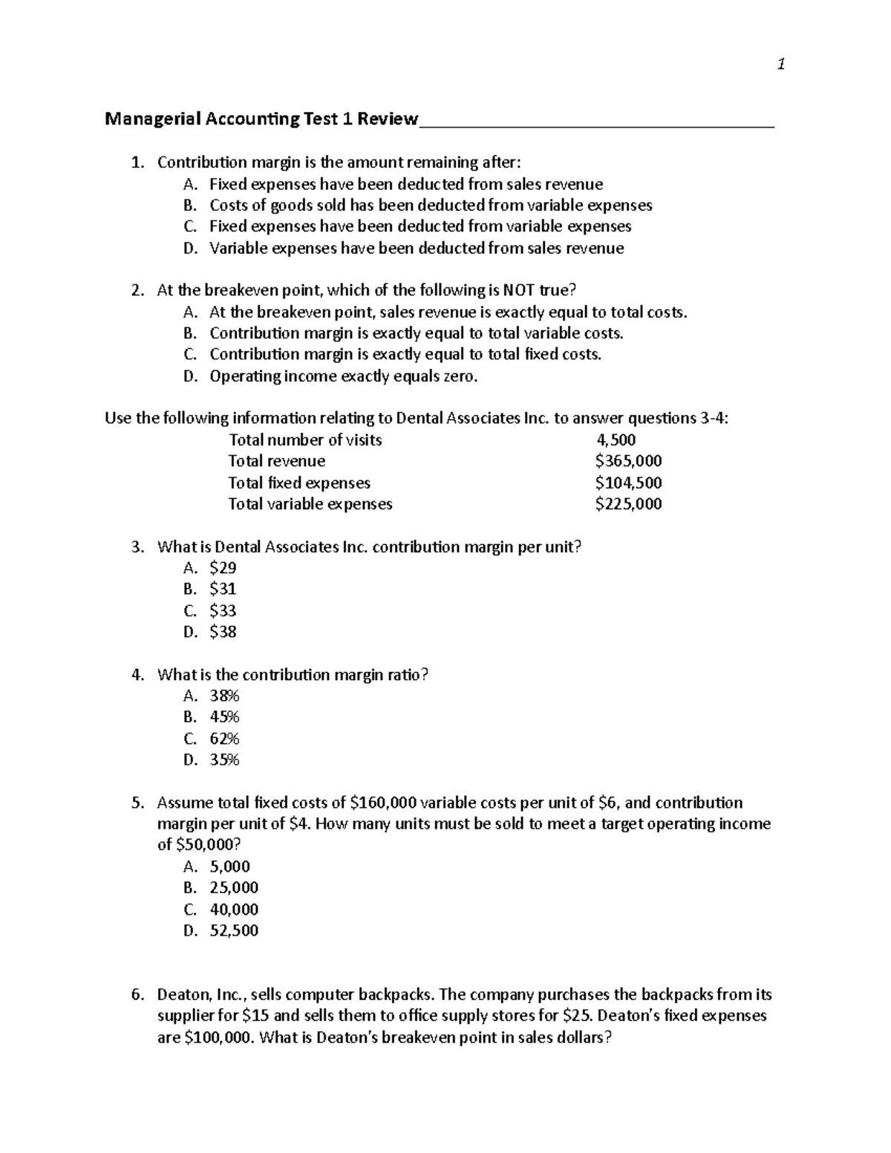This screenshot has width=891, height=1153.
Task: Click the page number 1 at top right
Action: click(x=780, y=65)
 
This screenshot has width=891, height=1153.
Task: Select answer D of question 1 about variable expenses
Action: click(x=416, y=248)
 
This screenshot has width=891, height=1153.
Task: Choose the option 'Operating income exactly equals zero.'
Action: click(x=344, y=376)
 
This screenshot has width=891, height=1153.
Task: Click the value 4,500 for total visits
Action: click(x=611, y=440)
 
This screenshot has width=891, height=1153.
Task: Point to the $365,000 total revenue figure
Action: click(x=628, y=461)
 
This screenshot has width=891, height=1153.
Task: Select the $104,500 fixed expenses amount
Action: click(x=628, y=483)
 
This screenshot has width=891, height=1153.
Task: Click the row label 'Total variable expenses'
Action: click(x=310, y=504)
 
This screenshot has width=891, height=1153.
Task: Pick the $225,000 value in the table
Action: click(x=628, y=504)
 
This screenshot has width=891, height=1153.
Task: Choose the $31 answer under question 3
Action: click(x=223, y=589)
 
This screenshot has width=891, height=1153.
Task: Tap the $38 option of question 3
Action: click(x=223, y=632)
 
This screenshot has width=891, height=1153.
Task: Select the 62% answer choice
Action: click(x=224, y=739)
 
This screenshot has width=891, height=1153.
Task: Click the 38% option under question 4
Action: click(x=224, y=696)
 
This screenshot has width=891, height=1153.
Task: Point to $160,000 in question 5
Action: click(x=383, y=803)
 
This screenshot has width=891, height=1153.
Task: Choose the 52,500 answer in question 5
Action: click(x=234, y=931)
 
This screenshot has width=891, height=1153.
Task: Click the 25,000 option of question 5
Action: click(x=234, y=888)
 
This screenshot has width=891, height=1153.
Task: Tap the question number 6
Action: click(x=137, y=995)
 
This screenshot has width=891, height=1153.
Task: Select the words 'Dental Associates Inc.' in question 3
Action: click(x=291, y=547)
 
